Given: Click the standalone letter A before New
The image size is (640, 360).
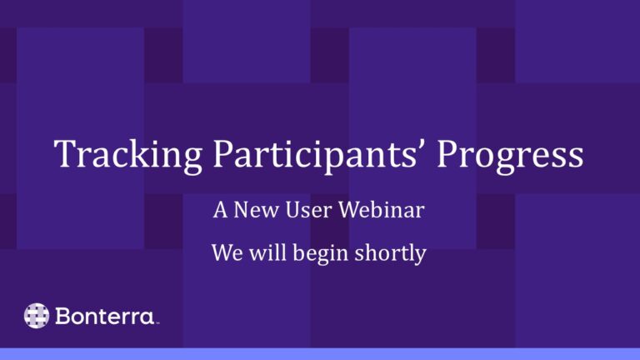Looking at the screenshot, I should (220, 211).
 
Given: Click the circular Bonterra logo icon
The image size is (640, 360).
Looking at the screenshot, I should (37, 316).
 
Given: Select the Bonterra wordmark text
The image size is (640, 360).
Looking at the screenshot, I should (105, 316).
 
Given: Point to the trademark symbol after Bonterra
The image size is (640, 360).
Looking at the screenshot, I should (157, 322).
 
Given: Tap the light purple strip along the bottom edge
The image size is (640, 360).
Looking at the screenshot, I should (320, 354).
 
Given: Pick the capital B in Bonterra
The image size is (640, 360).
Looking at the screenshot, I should (64, 316).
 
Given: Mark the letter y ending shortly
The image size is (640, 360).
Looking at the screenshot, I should (420, 255).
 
